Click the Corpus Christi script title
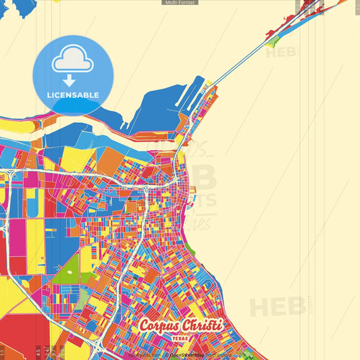180,325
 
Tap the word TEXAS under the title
180,337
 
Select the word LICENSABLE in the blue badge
73,95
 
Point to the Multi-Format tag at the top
180,3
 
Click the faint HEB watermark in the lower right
278,307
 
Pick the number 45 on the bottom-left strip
38,351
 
